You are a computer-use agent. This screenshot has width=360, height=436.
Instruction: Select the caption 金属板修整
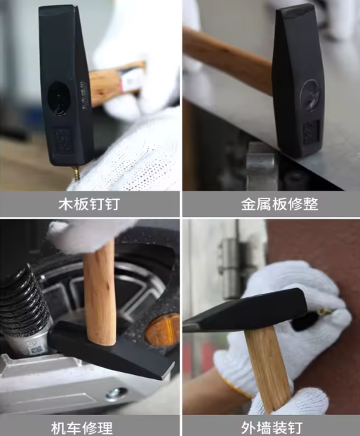[x=270, y=205]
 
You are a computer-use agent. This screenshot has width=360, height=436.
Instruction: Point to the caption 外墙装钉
[x=270, y=425]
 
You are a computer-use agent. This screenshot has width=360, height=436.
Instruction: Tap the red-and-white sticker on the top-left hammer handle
[x=131, y=81]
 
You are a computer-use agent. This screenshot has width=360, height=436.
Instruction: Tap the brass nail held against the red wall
[x=324, y=310]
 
